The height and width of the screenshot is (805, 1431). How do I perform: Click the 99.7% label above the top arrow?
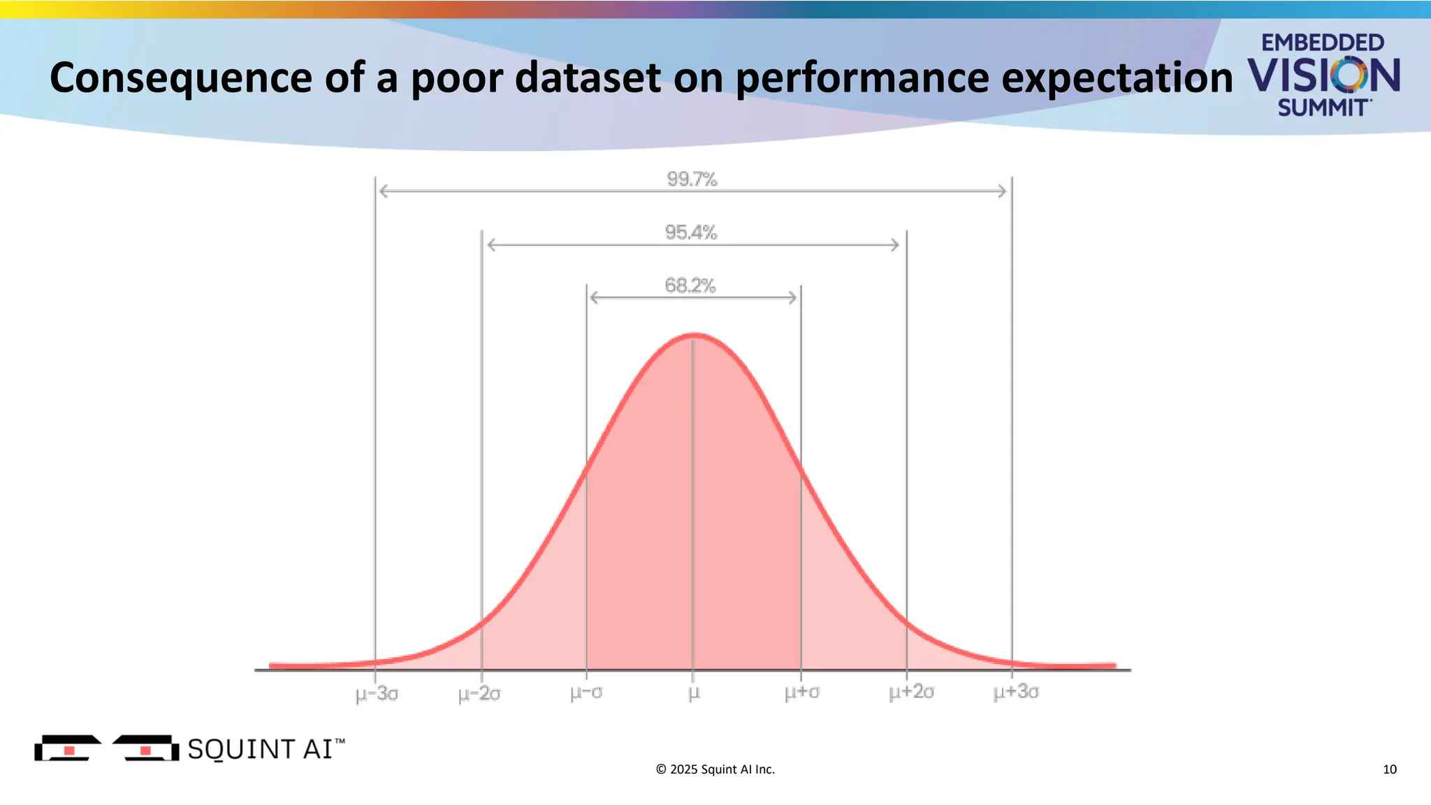[x=692, y=180]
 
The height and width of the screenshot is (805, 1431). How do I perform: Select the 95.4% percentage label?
[x=691, y=233]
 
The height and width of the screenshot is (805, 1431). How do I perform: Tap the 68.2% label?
[x=690, y=286]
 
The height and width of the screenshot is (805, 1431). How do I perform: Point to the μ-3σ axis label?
[x=377, y=695]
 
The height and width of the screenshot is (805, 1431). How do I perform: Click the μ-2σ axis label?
[x=479, y=695]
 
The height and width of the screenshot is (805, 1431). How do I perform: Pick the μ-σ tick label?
[x=586, y=693]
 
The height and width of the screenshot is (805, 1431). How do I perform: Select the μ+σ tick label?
[x=801, y=693]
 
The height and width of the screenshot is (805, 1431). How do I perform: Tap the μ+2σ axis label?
[x=911, y=693]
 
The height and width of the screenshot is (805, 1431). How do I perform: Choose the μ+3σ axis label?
[x=1016, y=692]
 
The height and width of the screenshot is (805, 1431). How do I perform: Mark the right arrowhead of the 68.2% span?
[x=792, y=298]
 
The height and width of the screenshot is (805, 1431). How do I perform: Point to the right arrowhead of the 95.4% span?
[x=895, y=245]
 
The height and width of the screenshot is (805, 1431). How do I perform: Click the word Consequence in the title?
[x=180, y=78]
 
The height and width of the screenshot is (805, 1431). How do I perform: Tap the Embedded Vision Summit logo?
[x=1323, y=74]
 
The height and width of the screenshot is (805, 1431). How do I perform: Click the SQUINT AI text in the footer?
[x=260, y=749]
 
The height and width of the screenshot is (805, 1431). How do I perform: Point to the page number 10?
[x=1389, y=769]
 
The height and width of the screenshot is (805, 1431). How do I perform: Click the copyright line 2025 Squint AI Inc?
[x=715, y=769]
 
